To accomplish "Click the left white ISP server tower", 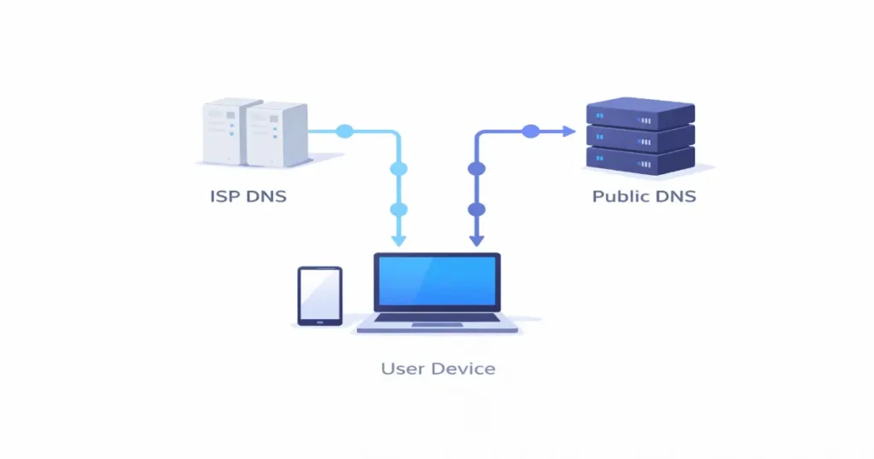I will click(x=223, y=131).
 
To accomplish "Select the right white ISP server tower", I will click(x=275, y=135).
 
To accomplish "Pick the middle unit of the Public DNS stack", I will click(x=640, y=137).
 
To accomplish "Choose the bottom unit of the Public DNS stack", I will click(x=640, y=159).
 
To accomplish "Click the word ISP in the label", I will click(x=224, y=196).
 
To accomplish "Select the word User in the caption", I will click(x=401, y=369).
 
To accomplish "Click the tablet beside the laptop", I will click(x=319, y=295).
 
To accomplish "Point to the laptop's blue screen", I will click(x=436, y=281).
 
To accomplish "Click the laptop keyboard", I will click(x=436, y=318).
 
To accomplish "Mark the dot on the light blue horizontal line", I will click(x=344, y=131).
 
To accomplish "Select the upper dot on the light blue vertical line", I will click(x=399, y=169).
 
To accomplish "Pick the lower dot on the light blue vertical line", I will click(x=399, y=209).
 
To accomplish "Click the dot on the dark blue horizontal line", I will click(x=530, y=131).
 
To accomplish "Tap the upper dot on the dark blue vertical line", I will click(x=476, y=169).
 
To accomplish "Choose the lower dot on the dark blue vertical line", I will click(x=476, y=209).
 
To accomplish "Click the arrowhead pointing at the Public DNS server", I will click(x=569, y=131).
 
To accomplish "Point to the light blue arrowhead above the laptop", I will click(x=399, y=241).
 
